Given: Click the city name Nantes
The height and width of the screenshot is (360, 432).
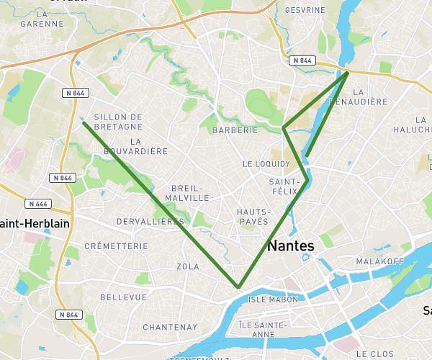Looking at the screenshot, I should tap(291, 246).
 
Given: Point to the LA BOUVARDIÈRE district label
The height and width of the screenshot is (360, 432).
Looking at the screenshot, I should tap(136, 146).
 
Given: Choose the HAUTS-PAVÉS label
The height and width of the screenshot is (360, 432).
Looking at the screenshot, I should tap(253, 217).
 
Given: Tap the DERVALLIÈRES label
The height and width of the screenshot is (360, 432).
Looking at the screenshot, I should tap(150, 222).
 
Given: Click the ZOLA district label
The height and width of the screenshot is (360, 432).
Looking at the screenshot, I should tap(187, 267).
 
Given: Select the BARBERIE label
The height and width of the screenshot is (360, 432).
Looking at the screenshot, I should tap(235, 130).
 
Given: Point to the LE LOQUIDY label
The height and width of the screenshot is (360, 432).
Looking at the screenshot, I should tap(266, 164).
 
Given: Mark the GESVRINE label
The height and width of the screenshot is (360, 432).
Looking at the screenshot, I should tap(305, 11).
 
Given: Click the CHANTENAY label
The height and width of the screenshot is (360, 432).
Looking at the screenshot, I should tap(170, 328).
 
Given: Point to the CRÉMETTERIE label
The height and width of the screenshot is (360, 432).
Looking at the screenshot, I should tap(116, 246).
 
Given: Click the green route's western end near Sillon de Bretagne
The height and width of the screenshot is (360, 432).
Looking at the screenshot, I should tap(84, 122).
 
